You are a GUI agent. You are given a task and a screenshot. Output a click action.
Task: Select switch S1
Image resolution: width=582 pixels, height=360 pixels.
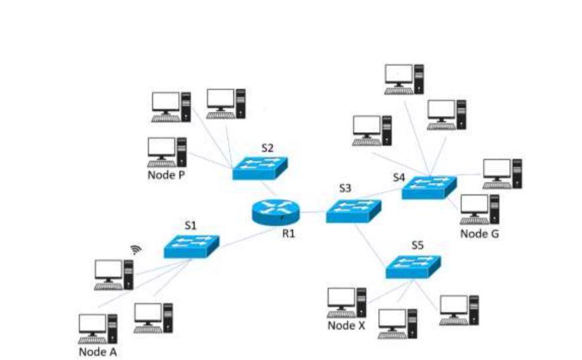point(192,246)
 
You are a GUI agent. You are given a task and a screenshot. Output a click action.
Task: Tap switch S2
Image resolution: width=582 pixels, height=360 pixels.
point(260,168)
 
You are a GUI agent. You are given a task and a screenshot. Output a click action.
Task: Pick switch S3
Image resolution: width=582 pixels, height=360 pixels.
point(353,211)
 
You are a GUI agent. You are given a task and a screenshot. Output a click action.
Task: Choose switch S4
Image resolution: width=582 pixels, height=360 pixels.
point(428,187)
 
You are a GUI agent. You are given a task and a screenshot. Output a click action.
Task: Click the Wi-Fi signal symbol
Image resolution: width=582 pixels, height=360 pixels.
point(136,250)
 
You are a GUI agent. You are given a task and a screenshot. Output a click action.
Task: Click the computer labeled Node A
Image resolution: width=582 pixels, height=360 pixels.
point(98,328)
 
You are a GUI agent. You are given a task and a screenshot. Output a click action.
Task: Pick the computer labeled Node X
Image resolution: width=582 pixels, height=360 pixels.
point(347,302)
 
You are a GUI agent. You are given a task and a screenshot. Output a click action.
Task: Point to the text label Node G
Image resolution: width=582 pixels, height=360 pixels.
point(479,234)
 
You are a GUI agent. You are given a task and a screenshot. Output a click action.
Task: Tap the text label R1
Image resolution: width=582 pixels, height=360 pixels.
point(288,234)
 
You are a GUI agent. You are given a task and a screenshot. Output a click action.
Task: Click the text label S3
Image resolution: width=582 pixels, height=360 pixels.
point(345,188)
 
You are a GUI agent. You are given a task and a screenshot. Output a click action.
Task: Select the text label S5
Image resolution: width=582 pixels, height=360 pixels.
point(417,245)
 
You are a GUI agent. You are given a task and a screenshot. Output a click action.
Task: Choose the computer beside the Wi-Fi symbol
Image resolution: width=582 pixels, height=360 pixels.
point(114,274)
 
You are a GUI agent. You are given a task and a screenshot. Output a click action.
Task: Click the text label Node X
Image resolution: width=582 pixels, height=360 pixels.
point(347,326)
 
